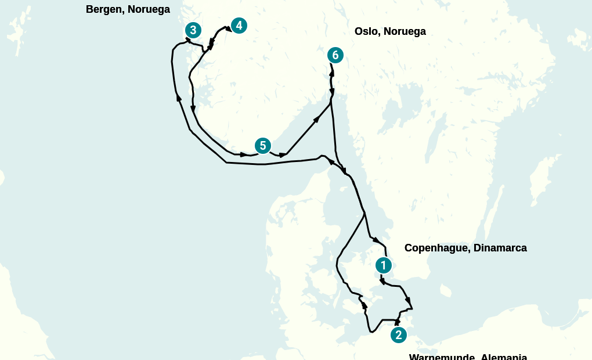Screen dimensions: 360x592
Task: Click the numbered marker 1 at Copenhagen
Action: point(383,265)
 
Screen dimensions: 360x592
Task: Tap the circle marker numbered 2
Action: point(398,335)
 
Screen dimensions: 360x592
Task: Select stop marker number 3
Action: point(193,30)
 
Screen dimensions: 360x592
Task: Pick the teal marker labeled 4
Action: point(239,26)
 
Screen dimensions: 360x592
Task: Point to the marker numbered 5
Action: point(263,146)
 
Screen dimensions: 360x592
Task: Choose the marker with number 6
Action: point(335,55)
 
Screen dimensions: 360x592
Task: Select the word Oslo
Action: point(366,31)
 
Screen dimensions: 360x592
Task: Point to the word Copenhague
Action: point(436,248)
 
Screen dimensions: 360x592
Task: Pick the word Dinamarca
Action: point(500,248)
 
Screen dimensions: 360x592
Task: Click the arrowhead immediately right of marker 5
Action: point(283,155)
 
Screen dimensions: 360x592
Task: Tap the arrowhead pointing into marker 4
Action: point(228,27)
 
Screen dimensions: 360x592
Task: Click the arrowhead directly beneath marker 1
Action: point(382,282)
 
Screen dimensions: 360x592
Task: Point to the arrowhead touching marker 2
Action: point(397,322)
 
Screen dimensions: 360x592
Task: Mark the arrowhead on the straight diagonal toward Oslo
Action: point(317,120)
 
